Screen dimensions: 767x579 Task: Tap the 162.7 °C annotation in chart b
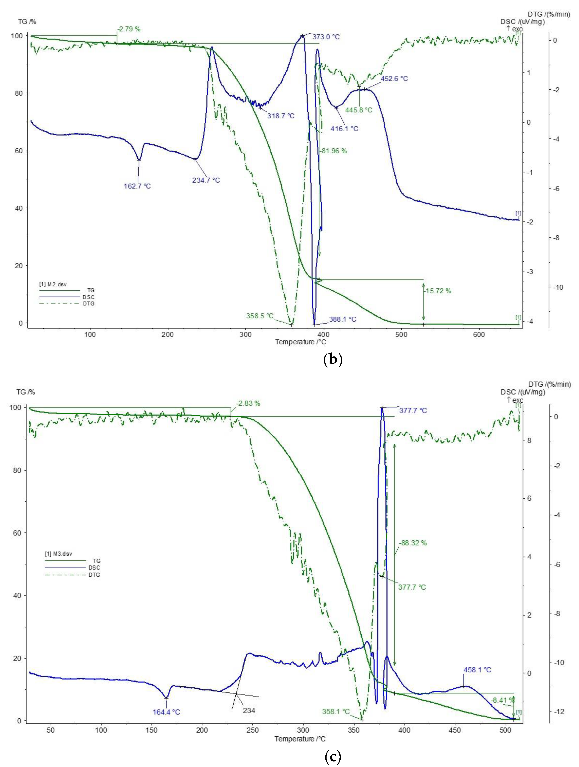click(137, 186)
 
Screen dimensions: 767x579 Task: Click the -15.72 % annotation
click(438, 291)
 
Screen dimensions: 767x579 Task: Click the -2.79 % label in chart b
click(129, 29)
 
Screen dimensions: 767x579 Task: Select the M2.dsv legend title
click(53, 284)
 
